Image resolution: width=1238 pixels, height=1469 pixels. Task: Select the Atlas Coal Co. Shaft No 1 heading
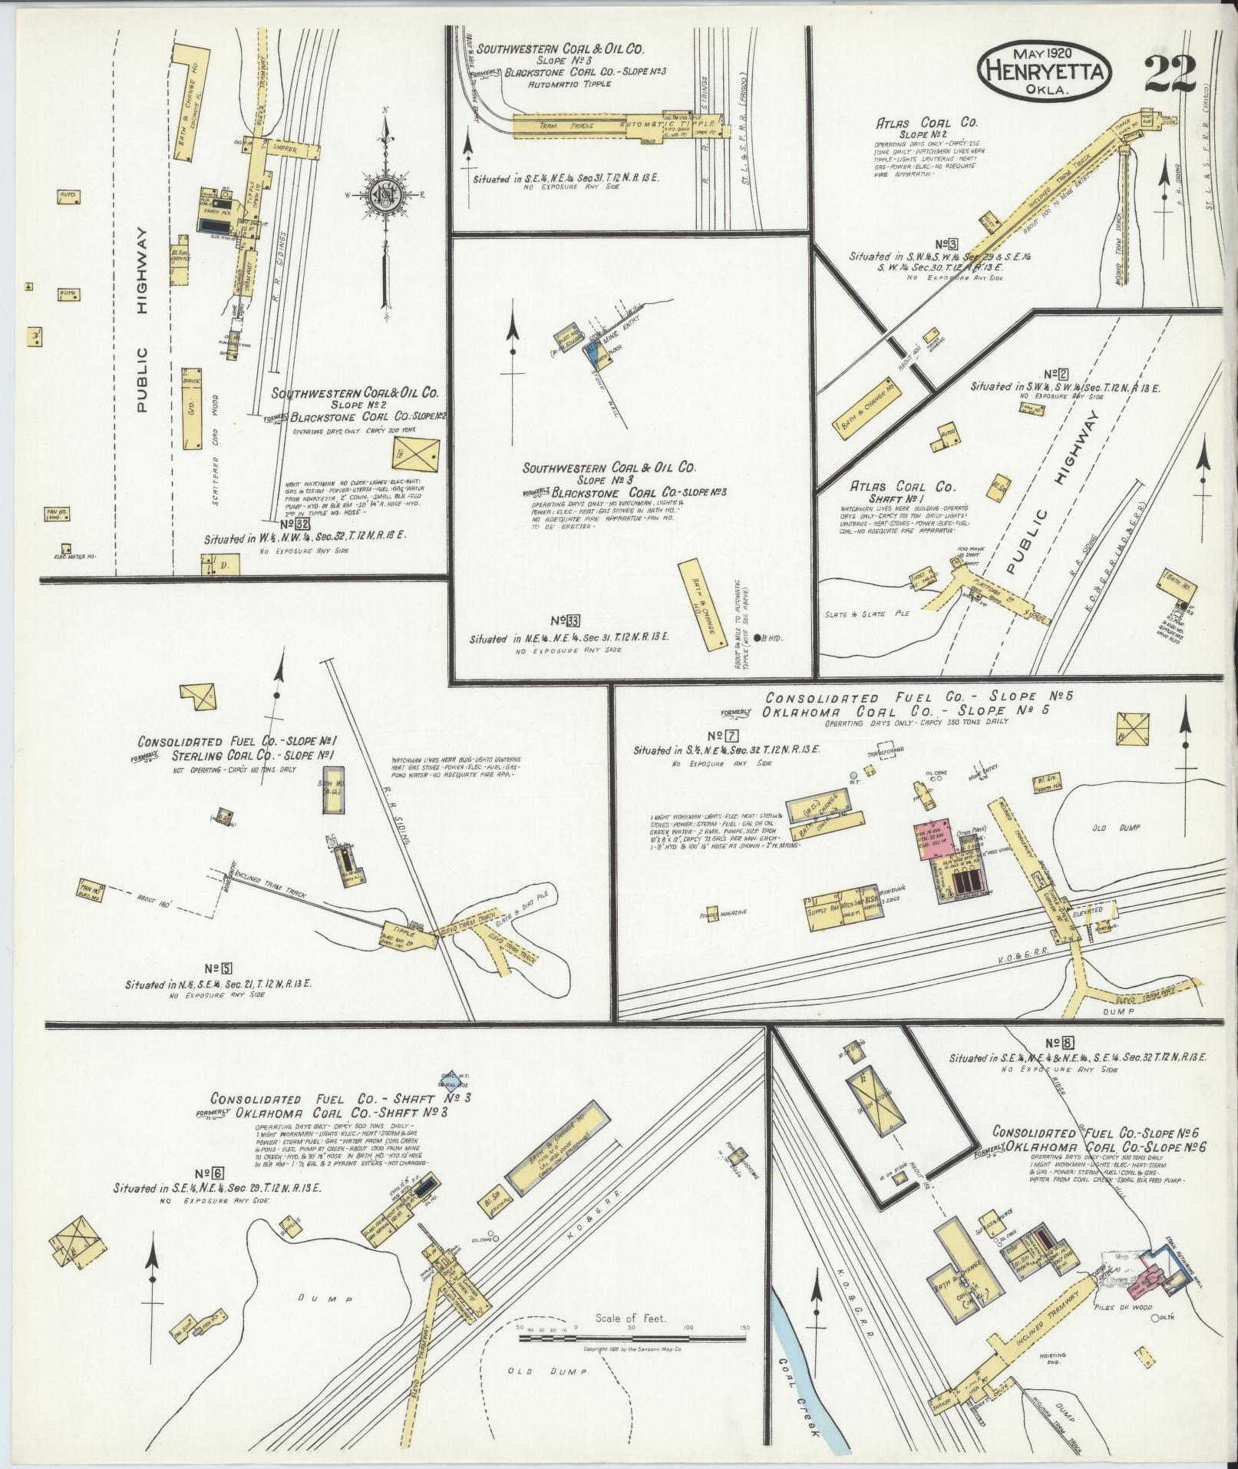click(x=902, y=494)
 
